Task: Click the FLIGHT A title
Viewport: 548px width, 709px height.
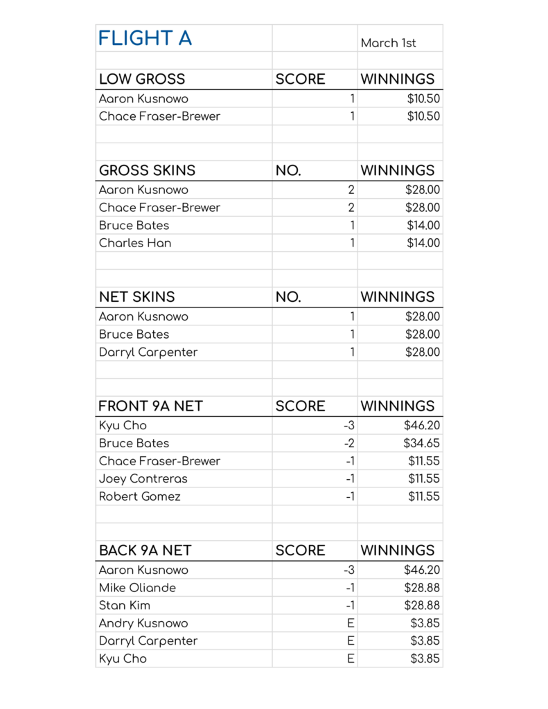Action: click(145, 39)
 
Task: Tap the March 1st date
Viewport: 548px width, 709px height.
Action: click(388, 43)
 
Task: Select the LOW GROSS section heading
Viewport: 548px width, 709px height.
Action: click(142, 79)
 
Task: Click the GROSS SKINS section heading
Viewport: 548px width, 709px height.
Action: click(147, 170)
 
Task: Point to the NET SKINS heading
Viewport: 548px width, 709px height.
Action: click(136, 297)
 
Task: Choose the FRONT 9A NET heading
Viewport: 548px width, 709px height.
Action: click(150, 406)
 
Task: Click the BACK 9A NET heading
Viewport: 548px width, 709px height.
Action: click(145, 550)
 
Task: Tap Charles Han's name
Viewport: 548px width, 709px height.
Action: click(135, 243)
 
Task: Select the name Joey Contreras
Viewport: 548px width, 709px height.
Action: click(143, 478)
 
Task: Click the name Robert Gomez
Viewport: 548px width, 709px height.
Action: click(139, 496)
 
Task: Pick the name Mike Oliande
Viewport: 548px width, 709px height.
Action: click(137, 588)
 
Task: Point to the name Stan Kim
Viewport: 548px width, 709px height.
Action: click(125, 605)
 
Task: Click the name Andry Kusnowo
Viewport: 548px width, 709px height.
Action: click(143, 623)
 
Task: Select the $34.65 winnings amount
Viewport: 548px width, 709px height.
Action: click(422, 443)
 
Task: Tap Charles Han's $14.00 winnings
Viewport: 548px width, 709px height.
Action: click(423, 243)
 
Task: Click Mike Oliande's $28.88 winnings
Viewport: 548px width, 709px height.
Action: click(422, 588)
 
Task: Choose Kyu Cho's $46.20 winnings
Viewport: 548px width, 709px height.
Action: click(422, 425)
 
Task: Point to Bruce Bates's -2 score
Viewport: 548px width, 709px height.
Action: click(349, 443)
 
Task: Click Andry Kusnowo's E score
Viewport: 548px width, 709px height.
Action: click(351, 623)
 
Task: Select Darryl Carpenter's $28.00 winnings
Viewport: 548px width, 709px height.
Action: click(422, 352)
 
